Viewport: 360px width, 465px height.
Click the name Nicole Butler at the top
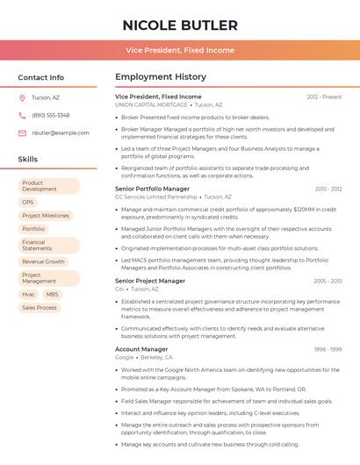point(180,25)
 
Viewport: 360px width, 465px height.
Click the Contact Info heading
point(41,77)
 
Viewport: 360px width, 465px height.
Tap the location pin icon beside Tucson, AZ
point(22,97)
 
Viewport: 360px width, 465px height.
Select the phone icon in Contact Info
point(22,115)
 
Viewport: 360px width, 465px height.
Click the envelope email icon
point(22,132)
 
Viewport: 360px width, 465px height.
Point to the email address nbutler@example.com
point(61,132)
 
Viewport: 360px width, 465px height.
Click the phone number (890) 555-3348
point(51,115)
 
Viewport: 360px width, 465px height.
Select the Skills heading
point(28,159)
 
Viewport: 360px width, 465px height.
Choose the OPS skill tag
point(28,202)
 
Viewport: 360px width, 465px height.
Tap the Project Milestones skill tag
point(46,215)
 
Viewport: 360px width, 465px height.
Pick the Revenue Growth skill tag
point(43,261)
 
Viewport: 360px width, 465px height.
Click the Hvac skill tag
point(29,294)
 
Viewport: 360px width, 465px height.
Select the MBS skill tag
point(53,294)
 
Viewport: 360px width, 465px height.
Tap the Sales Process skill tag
point(40,308)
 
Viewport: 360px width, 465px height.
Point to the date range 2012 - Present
point(324,97)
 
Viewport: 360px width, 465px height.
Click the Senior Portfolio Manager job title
point(152,189)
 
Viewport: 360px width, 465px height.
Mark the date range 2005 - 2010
point(328,281)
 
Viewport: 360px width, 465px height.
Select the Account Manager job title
point(141,349)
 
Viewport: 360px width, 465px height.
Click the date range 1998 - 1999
point(328,349)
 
